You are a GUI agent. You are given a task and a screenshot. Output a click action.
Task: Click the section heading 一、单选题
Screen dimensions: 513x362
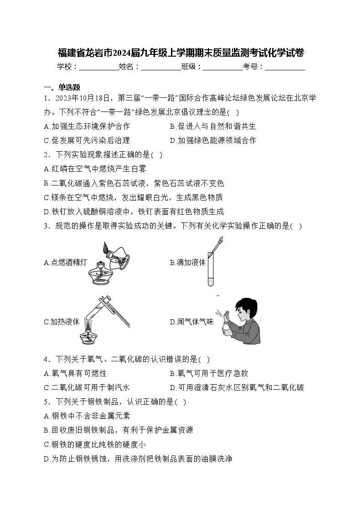62,87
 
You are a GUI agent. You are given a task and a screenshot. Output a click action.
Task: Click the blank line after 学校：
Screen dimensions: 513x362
98,68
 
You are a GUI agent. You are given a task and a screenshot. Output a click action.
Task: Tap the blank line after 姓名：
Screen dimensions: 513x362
160,68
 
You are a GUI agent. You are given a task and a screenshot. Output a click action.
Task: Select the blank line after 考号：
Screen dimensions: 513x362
285,68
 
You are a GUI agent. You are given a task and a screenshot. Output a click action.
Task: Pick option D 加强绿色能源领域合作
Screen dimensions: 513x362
213,140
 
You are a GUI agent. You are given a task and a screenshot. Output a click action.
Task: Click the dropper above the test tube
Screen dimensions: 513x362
217,243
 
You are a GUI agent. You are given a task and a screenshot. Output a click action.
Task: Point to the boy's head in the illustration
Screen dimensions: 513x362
242,307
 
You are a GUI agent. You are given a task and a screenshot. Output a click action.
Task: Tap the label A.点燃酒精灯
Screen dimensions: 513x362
65,262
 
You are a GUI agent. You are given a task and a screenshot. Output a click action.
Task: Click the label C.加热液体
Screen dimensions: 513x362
62,322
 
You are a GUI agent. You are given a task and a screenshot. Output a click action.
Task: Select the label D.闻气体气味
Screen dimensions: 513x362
191,322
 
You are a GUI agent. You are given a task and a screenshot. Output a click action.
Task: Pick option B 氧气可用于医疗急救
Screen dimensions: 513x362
209,373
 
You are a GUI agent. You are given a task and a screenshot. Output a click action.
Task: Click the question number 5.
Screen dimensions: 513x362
47,402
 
